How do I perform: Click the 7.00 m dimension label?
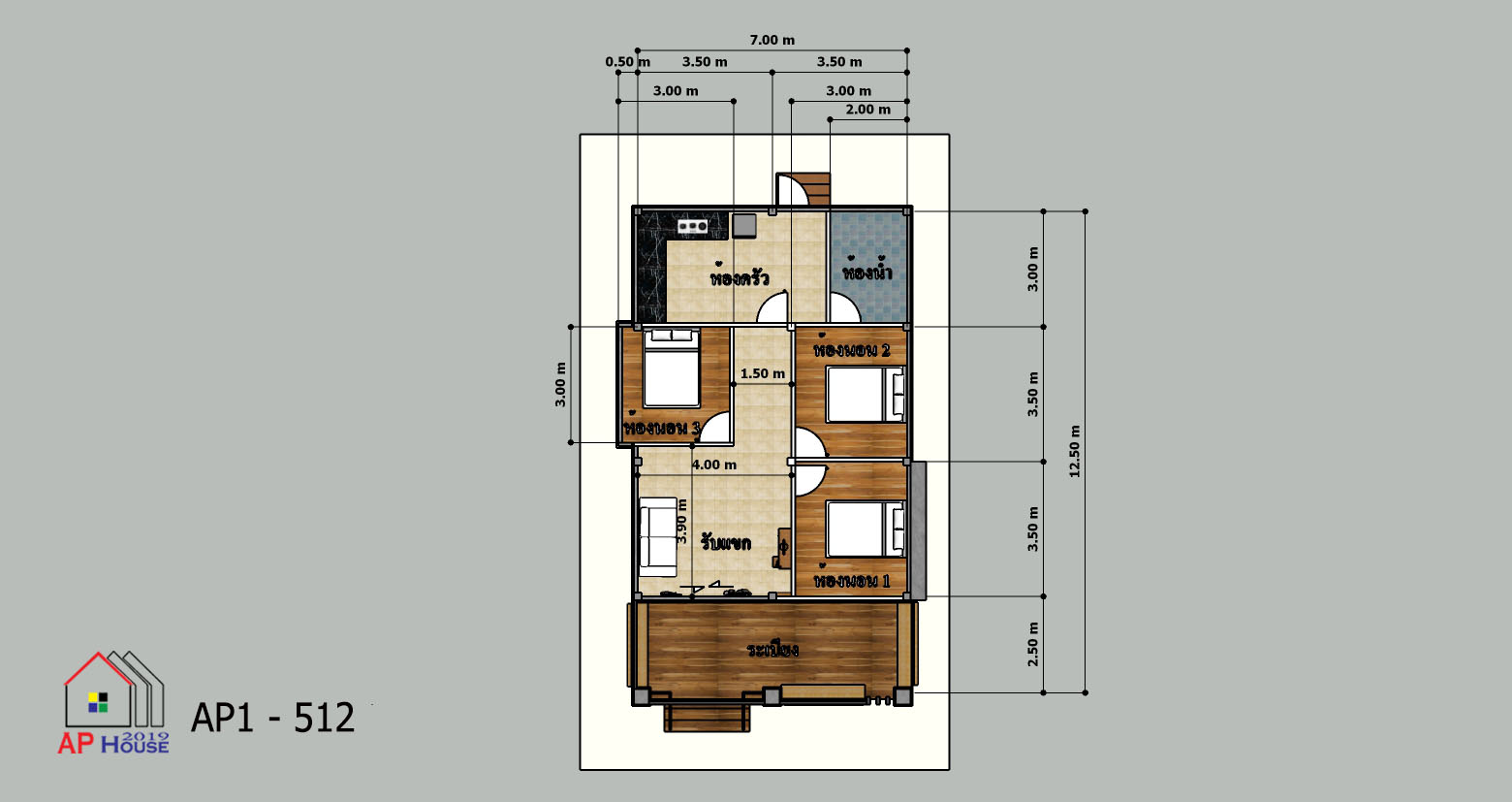pos(772,41)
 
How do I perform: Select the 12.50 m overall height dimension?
pos(1075,451)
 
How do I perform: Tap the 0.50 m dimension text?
pos(628,62)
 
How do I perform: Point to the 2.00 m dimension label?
pos(868,110)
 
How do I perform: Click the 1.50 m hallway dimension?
pos(763,373)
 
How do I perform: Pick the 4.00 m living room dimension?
pos(714,465)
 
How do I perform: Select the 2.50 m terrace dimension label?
pos(1033,644)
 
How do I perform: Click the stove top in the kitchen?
pos(693,226)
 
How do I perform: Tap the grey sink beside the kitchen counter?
pos(744,226)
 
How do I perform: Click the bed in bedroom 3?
pos(671,368)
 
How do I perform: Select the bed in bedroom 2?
pos(866,395)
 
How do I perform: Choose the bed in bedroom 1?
pos(866,529)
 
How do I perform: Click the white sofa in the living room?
pos(658,537)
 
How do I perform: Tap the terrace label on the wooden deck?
pos(772,650)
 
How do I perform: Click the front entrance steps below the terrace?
pos(707,718)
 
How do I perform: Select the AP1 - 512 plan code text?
pos(272,718)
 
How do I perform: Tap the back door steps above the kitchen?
pos(812,189)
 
